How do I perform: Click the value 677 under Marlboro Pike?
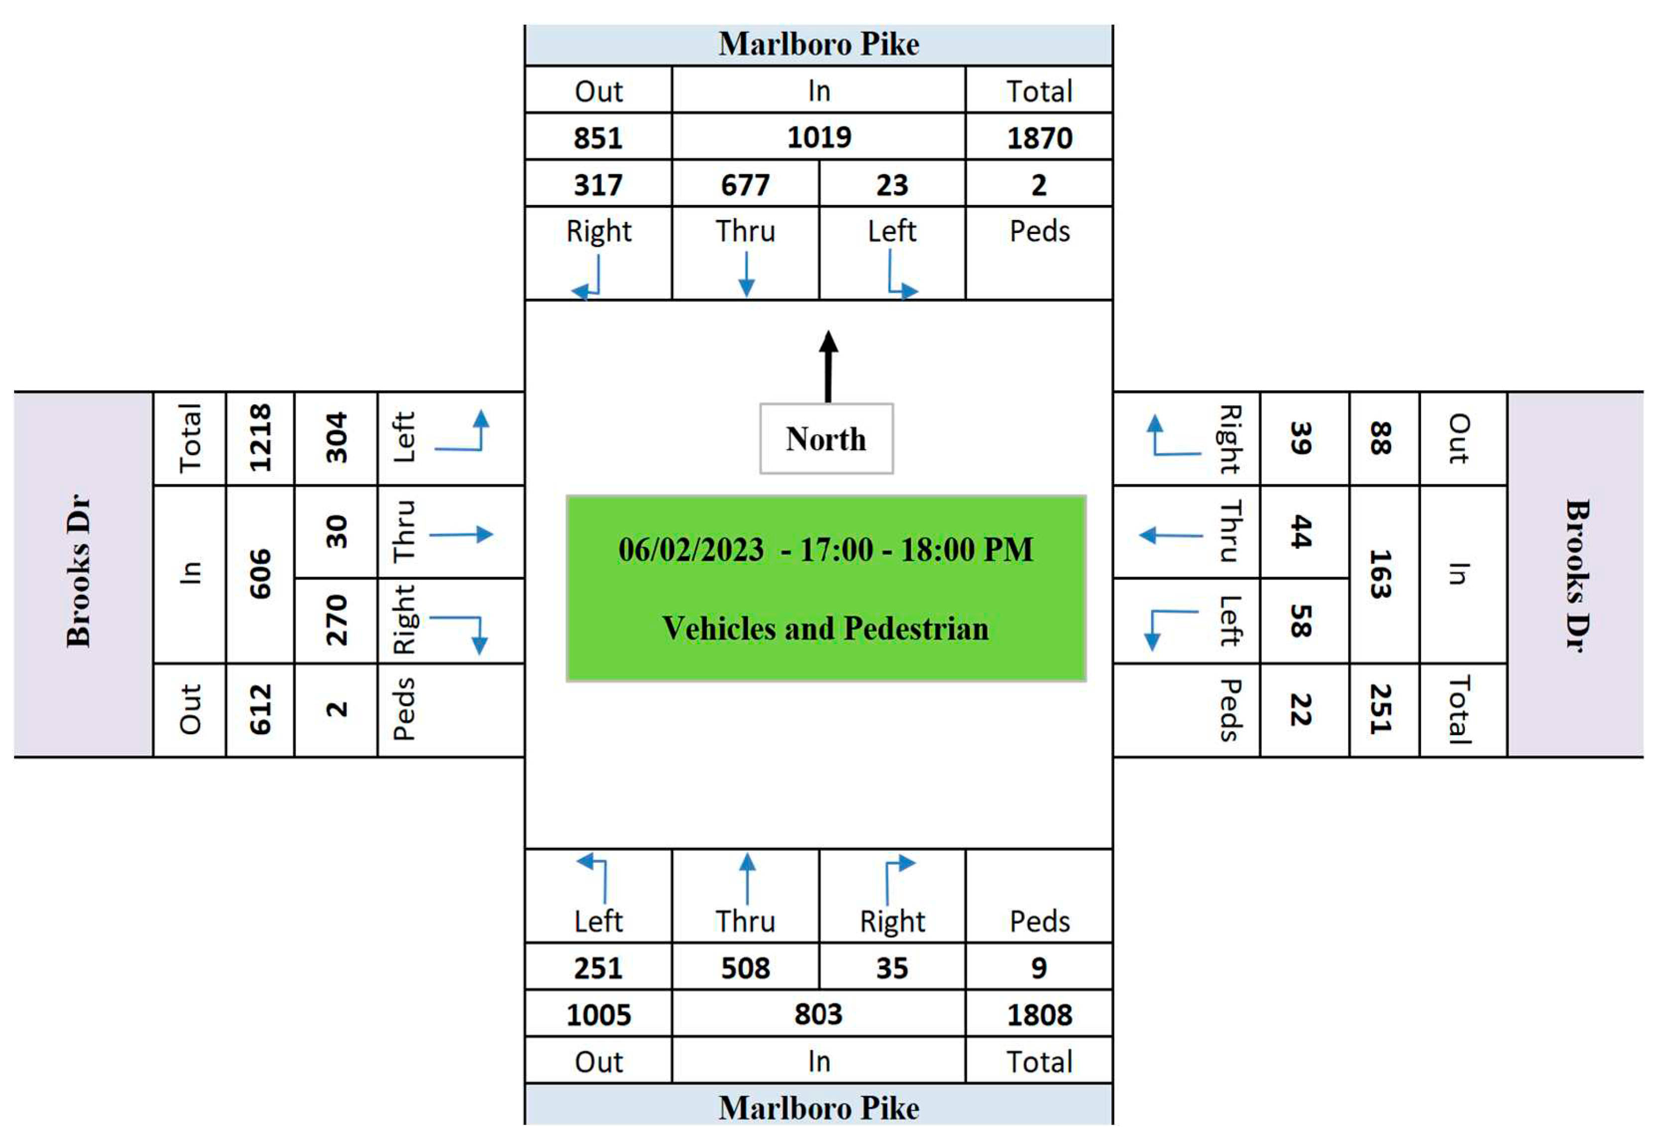[745, 185]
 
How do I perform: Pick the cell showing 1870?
[1039, 137]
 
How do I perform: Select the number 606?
[260, 574]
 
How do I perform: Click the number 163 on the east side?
[1381, 574]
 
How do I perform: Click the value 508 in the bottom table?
[745, 968]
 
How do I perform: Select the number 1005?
[598, 1015]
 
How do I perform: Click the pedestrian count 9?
[1039, 968]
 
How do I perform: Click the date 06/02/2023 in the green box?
[691, 550]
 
